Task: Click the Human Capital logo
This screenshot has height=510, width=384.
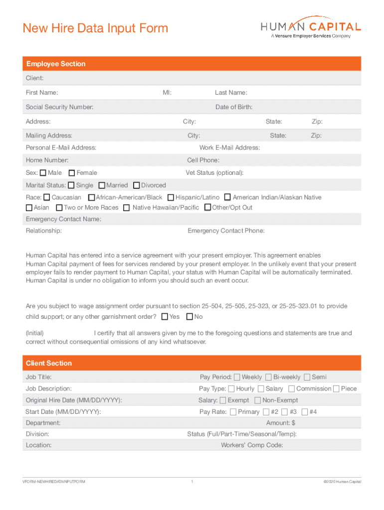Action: click(x=311, y=29)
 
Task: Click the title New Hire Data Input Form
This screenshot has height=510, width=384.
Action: click(x=95, y=28)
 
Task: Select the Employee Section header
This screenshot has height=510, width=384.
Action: click(x=56, y=64)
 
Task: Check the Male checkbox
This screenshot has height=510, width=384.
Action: click(x=43, y=173)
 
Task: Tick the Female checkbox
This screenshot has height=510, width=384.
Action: click(x=72, y=173)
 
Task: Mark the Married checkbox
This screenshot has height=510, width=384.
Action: click(x=102, y=185)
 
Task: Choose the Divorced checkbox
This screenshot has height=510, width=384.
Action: click(x=137, y=185)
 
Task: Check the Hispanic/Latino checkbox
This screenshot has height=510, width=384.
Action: click(x=171, y=198)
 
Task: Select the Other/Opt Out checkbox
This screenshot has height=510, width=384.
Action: click(x=207, y=207)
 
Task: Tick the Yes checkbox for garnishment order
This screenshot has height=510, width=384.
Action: click(x=165, y=317)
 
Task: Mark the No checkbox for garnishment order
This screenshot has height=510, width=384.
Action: click(x=190, y=317)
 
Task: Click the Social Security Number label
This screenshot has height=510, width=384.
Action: click(x=59, y=107)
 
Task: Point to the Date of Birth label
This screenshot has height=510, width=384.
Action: click(x=234, y=107)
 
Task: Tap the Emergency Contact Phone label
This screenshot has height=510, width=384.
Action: click(x=226, y=231)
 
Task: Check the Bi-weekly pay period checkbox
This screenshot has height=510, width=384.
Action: click(x=269, y=377)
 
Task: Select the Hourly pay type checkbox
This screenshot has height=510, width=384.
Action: click(x=231, y=388)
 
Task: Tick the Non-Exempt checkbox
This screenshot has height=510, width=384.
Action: click(x=258, y=400)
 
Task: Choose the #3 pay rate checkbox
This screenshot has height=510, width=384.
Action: click(x=284, y=412)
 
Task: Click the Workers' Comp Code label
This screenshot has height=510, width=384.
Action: click(x=252, y=445)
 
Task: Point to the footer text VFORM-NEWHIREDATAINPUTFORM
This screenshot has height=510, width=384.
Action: click(x=51, y=482)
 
